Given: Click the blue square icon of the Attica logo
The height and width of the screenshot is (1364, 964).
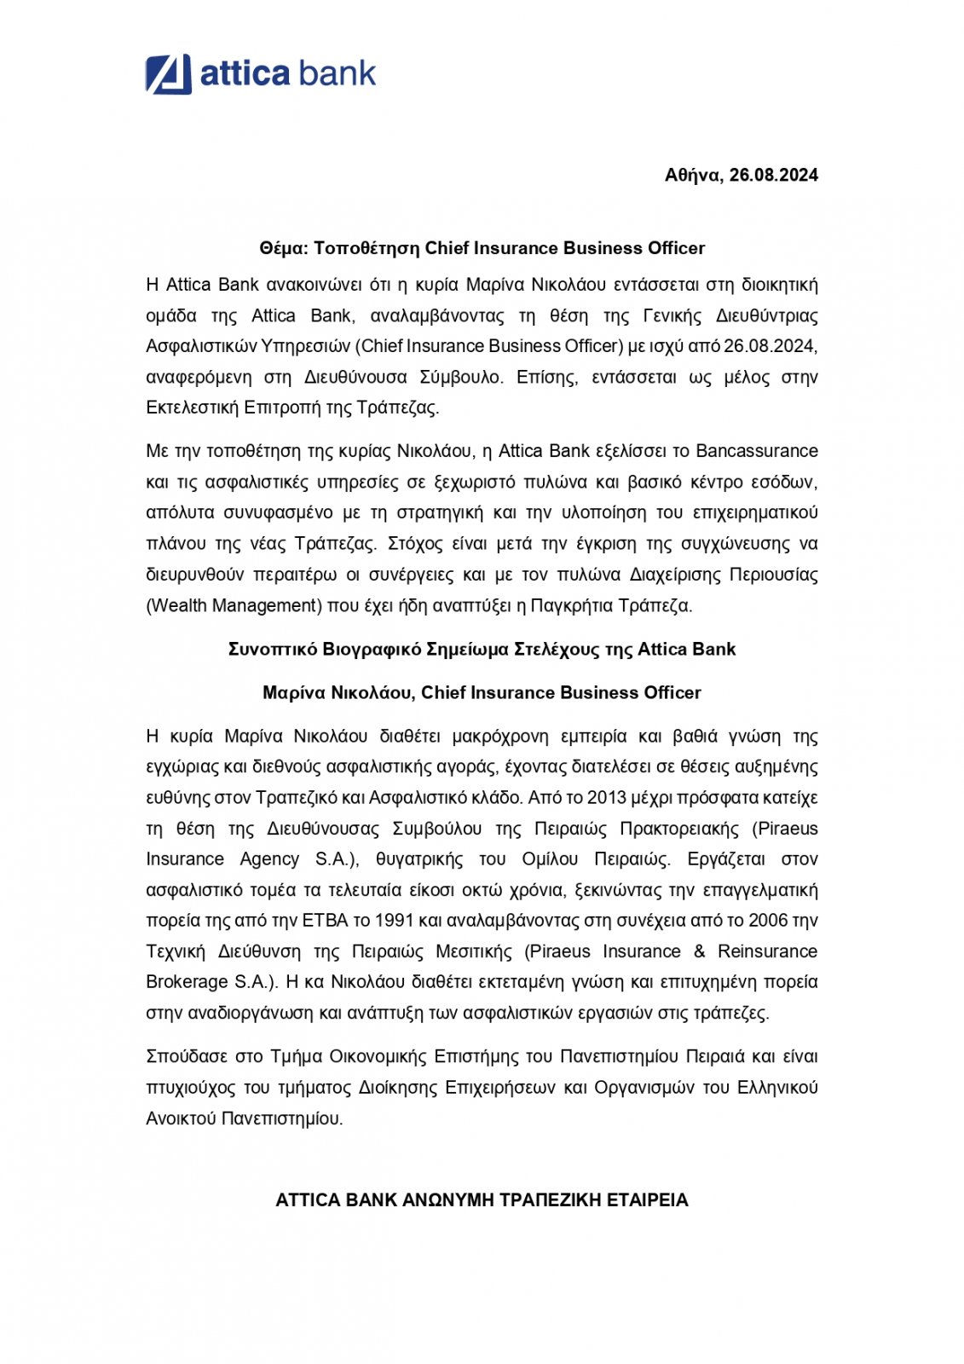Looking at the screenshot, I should click(x=168, y=74).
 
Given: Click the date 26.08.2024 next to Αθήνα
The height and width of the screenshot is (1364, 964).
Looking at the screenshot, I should click(x=773, y=176).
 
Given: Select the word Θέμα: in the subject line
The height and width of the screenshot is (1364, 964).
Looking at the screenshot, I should click(x=283, y=248).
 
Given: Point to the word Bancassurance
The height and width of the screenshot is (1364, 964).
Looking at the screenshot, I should click(x=757, y=451).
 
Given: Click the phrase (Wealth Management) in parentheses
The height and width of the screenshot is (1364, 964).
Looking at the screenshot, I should click(x=233, y=605).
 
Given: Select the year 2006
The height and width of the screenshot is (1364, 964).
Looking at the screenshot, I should click(x=767, y=921).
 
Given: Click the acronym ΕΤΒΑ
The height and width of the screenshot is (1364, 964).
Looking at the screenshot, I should click(x=326, y=921).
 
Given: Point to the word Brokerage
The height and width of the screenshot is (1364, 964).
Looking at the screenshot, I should click(x=187, y=982).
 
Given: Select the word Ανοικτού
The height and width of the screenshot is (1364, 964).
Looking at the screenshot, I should click(x=181, y=1118).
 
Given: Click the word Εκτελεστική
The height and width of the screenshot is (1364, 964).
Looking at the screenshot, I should click(x=192, y=407).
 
